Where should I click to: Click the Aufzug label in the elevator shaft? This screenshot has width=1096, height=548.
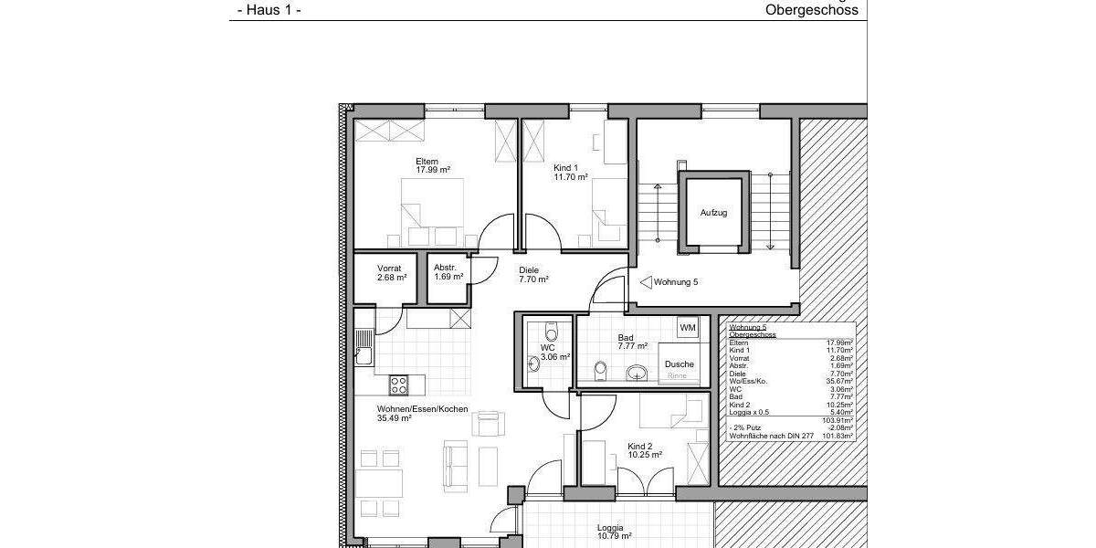713,213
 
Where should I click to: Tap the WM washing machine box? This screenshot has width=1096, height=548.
688,328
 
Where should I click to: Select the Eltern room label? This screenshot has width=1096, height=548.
427,162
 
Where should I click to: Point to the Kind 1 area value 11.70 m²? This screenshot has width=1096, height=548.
570,177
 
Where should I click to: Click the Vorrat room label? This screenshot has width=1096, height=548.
389,269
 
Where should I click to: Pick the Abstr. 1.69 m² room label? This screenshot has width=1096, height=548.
448,272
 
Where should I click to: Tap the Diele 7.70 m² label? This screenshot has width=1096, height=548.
532,275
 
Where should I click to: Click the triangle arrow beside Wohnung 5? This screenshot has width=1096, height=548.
645,282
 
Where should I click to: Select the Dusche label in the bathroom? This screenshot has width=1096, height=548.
679,364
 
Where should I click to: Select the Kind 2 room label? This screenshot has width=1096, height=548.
644,447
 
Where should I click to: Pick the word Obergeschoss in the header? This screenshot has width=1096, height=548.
811,11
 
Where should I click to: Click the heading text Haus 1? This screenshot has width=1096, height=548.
269,11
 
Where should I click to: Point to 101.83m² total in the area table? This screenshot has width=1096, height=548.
840,437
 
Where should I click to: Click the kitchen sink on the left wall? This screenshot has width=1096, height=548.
364,347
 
